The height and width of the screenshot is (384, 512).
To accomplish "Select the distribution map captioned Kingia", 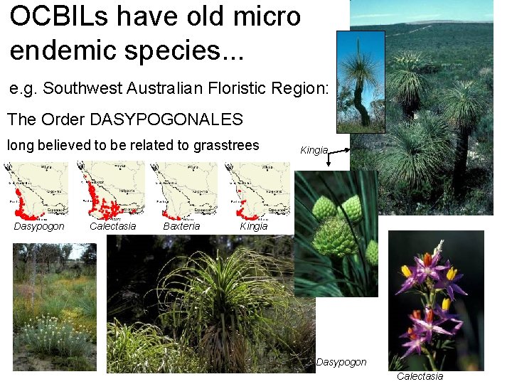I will click(x=255, y=190).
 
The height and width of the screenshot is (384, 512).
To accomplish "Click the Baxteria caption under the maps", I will click(x=181, y=227).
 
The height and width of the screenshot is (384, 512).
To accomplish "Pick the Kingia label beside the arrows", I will click(x=314, y=151).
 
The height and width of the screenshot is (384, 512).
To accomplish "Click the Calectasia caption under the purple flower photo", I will click(x=420, y=376).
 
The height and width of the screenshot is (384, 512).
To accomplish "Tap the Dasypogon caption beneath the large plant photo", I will click(x=341, y=363).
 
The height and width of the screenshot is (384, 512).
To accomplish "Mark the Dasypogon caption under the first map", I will click(x=39, y=227).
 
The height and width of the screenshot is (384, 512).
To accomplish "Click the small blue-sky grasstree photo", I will click(x=361, y=78).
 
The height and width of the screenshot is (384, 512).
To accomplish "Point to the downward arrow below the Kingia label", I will click(x=329, y=160).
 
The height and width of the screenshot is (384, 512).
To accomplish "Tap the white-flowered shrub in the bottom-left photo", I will click(x=53, y=334).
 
